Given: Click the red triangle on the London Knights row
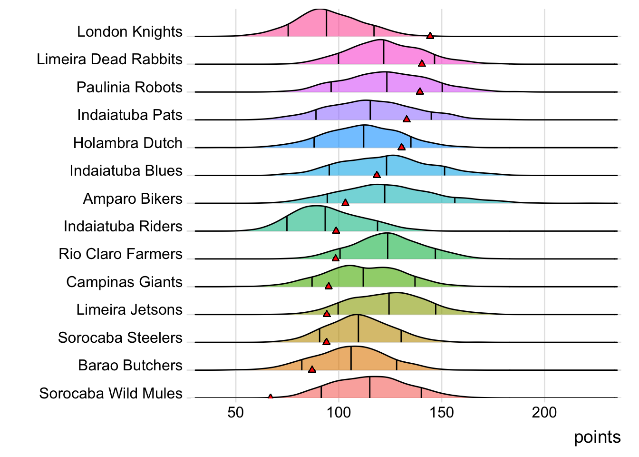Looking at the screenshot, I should point(430,36).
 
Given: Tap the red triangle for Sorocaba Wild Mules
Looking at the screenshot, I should point(270,397).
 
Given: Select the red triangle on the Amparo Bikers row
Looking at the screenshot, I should point(345,203).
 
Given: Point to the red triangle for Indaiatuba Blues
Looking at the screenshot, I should point(377,175).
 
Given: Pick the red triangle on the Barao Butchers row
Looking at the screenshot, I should point(312,369).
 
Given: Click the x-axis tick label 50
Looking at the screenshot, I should point(235,412).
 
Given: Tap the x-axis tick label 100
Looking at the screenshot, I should point(339,412).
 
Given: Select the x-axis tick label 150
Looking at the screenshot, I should point(442,412).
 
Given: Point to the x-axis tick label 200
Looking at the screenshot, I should point(544,412).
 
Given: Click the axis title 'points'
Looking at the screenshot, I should point(597,437).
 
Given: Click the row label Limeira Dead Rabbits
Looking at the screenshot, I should point(109,60).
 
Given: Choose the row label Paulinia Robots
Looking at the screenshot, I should point(129,88).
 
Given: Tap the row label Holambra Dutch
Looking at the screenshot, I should point(127,143).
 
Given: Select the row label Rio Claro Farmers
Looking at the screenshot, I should point(120,254).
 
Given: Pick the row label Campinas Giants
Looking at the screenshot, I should point(124,282).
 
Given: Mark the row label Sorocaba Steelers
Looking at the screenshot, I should point(120,338).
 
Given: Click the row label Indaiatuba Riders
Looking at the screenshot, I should point(123,227).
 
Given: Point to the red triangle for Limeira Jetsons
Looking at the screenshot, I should point(326,314).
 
